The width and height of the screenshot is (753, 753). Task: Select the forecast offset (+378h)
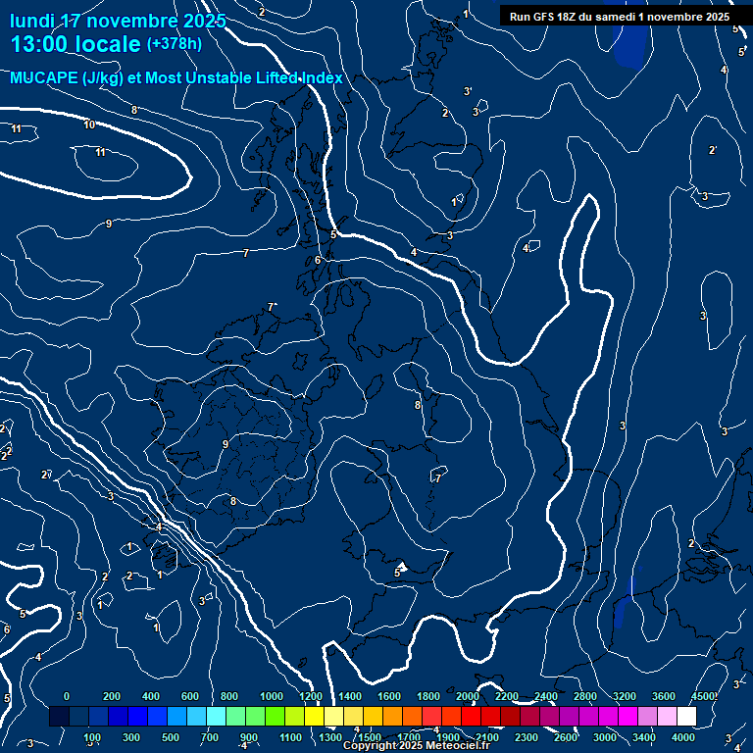174,44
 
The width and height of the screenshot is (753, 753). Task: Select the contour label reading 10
89,125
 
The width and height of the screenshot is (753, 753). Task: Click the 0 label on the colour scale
67,696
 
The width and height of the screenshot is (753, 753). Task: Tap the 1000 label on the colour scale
272,696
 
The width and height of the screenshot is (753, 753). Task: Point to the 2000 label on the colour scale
468,696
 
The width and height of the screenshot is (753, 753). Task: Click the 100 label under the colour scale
93,737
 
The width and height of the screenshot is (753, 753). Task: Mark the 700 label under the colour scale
209,737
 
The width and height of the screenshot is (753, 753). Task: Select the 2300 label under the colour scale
527,737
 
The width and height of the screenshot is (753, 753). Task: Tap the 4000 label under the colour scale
683,737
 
